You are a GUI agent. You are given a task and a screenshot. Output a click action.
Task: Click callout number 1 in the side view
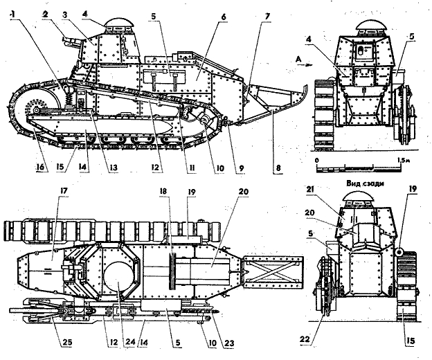[x=12, y=15]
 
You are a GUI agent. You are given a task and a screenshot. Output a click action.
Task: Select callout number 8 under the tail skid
[x=278, y=168]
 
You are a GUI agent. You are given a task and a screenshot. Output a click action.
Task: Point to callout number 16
[x=42, y=168]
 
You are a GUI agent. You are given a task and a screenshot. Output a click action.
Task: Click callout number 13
[x=112, y=168]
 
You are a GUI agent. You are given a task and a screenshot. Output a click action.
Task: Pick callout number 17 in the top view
[x=64, y=190]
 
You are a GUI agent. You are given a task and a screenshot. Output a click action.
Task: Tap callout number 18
[x=163, y=191]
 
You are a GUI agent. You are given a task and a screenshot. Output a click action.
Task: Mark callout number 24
[x=130, y=342]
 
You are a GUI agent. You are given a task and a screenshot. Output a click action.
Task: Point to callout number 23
[x=229, y=343]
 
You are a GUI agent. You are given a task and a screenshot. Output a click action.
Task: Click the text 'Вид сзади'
[x=363, y=183]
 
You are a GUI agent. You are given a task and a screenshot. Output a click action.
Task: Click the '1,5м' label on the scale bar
[x=404, y=160]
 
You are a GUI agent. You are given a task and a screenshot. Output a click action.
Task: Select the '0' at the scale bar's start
[x=317, y=160]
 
